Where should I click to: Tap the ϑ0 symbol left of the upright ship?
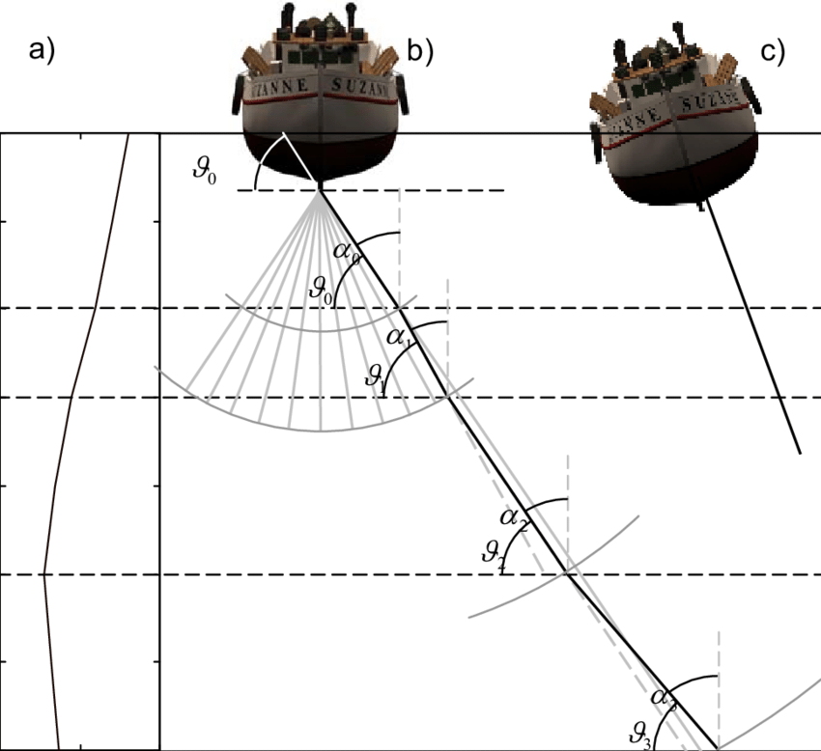[206, 177]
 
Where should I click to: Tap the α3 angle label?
[662, 697]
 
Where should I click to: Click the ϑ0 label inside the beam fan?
[322, 291]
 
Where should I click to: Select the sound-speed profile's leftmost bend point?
[43, 574]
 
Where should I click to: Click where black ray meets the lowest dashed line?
[567, 575]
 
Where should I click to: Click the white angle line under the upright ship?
[298, 158]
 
